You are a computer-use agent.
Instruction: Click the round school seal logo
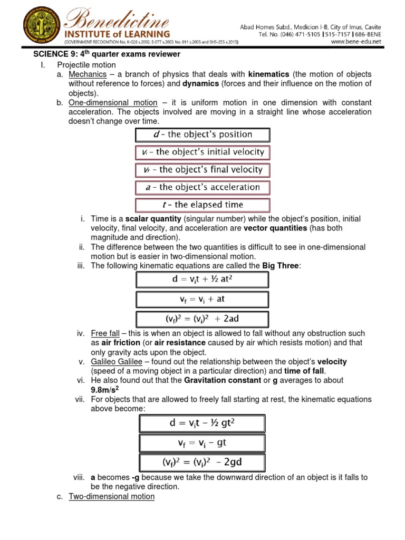30,25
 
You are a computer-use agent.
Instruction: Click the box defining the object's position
202,134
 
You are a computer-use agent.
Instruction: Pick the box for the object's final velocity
202,170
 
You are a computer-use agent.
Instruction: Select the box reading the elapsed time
202,205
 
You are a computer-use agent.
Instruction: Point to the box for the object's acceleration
202,187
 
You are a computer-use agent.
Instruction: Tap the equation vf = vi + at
202,299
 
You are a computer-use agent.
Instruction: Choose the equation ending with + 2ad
202,319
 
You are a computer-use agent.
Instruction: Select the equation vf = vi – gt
202,443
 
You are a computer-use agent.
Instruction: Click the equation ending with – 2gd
202,463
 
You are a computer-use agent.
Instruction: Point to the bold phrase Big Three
281,266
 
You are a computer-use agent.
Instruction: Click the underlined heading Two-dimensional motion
112,496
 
